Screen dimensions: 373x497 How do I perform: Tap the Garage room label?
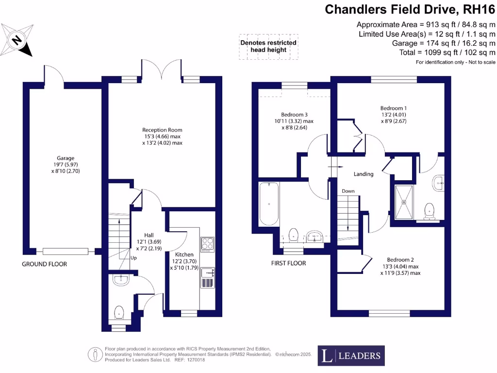pyautogui.click(x=66, y=158)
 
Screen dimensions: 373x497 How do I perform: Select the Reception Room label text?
pyautogui.click(x=162, y=130)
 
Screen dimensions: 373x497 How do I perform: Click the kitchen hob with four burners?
pyautogui.click(x=207, y=243)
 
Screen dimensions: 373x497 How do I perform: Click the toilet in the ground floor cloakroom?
pyautogui.click(x=118, y=311)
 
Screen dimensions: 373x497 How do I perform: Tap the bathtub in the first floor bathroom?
pyautogui.click(x=269, y=203)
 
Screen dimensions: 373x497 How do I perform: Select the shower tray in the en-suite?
pyautogui.click(x=404, y=201)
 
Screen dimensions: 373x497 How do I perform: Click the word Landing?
pyautogui.click(x=363, y=174)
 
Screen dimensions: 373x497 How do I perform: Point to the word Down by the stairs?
pyautogui.click(x=348, y=191)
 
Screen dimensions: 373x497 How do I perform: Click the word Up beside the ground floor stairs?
pyautogui.click(x=133, y=258)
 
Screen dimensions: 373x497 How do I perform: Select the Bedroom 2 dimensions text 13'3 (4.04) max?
pyautogui.click(x=400, y=266)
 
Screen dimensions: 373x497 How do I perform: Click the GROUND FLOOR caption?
pyautogui.click(x=44, y=264)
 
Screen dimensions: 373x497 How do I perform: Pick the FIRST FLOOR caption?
pyautogui.click(x=289, y=263)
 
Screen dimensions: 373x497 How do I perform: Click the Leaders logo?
pyautogui.click(x=351, y=356)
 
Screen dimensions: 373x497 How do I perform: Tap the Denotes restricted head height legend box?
pyautogui.click(x=268, y=47)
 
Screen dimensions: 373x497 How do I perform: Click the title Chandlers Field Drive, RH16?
pyautogui.click(x=410, y=9)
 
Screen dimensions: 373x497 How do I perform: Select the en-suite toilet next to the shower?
pyautogui.click(x=429, y=210)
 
